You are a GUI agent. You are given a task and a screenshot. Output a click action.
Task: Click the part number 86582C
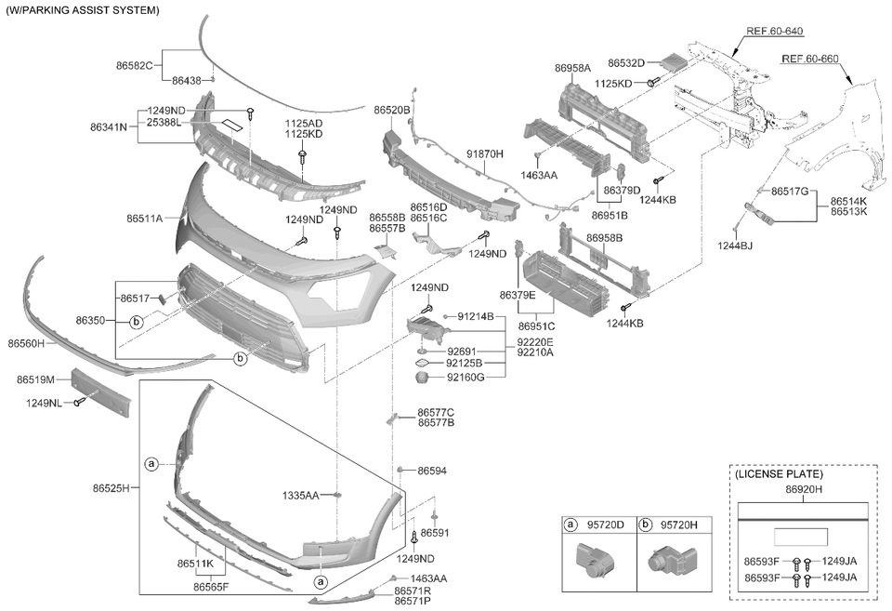135,65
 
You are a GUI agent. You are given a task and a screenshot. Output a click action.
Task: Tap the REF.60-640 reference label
774,31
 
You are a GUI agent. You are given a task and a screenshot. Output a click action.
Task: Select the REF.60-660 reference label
809,59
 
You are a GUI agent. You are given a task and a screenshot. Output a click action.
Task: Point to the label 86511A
145,219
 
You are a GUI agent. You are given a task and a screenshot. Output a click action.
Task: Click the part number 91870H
485,153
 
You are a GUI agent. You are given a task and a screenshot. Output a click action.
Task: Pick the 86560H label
26,343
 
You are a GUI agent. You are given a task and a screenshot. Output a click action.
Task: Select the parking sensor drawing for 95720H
671,559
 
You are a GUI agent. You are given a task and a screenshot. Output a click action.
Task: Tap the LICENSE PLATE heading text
779,473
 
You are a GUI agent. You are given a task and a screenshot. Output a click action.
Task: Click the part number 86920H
803,489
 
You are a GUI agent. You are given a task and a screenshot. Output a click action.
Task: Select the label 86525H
111,487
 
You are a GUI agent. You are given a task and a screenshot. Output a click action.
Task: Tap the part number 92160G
465,377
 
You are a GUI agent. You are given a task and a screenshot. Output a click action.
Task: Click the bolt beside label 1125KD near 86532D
652,83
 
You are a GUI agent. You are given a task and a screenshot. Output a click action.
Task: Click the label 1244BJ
734,246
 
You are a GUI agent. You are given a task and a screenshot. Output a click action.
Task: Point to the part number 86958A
573,68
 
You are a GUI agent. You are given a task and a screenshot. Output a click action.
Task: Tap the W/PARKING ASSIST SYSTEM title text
83,10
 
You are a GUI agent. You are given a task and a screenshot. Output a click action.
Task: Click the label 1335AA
301,496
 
